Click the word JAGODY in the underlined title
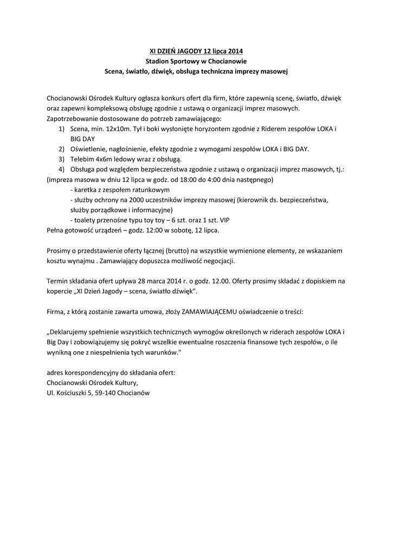(x=188, y=51)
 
